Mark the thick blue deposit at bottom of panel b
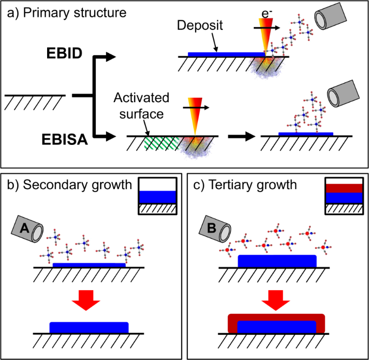tap(89, 327)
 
